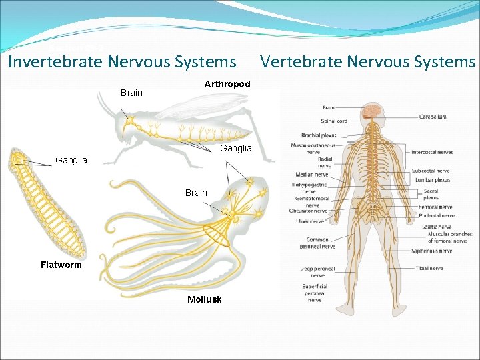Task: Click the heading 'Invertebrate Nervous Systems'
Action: point(122,62)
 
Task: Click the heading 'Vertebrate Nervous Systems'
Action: point(367,62)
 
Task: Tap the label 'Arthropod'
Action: point(227,84)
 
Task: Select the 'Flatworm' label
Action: point(61,265)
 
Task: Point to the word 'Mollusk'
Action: point(204,299)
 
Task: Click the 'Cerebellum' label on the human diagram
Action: point(433,117)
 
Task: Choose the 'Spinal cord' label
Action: point(333,121)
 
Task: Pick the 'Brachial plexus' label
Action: point(318,135)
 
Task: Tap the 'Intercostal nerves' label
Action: point(432,153)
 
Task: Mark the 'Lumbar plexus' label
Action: point(432,180)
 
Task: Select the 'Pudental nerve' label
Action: point(437,215)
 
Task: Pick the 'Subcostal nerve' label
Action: point(431,171)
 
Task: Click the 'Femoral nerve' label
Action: point(435,207)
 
